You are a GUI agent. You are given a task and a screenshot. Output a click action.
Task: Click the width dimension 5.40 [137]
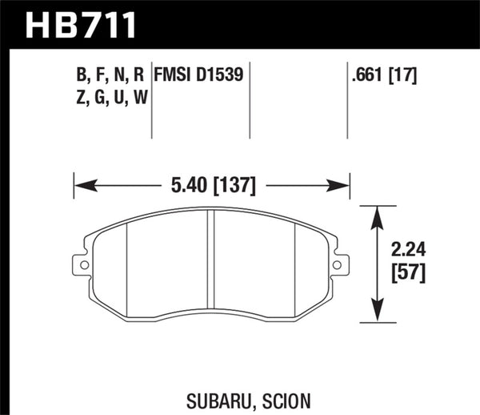[213, 186]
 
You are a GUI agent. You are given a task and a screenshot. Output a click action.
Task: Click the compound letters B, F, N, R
[111, 77]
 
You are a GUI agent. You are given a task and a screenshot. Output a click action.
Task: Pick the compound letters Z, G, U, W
[111, 98]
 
